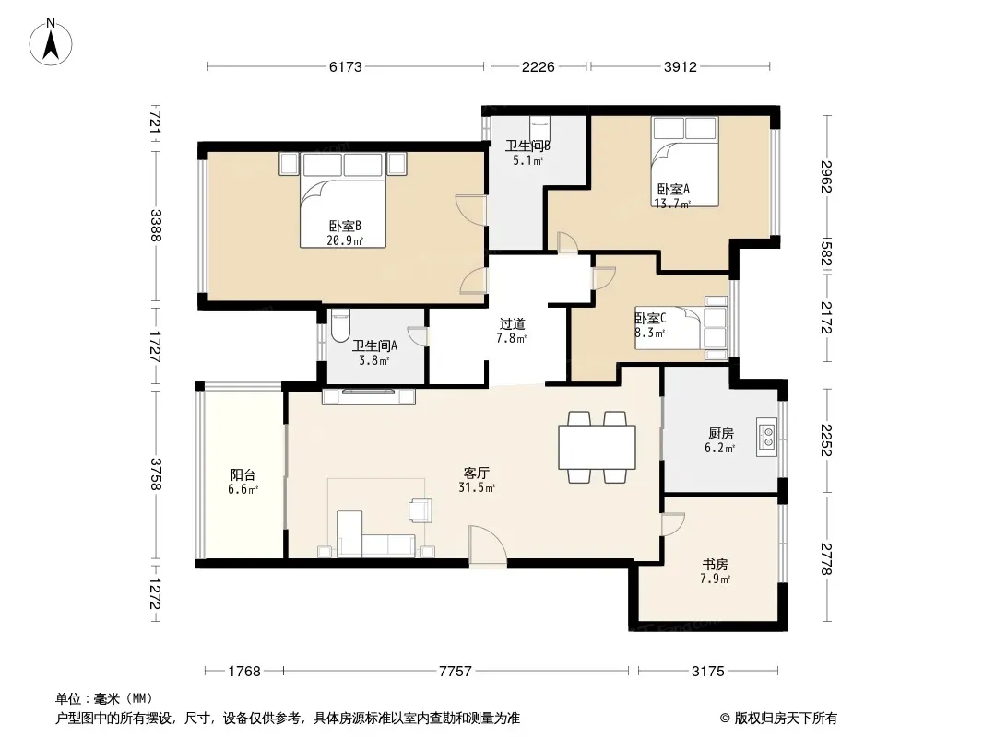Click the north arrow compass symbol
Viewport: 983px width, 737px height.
click(x=51, y=42)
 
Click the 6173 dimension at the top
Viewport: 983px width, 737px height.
click(x=346, y=66)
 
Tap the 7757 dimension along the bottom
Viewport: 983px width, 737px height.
click(x=456, y=672)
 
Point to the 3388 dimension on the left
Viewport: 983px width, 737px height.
click(x=156, y=226)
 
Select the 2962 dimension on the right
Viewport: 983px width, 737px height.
click(x=827, y=178)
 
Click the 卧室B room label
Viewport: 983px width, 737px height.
click(x=345, y=226)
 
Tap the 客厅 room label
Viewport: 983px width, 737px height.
click(x=477, y=473)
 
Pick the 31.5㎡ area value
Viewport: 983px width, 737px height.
click(x=477, y=487)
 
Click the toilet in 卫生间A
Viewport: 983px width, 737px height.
click(x=340, y=325)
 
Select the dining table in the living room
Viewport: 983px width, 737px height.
click(x=597, y=447)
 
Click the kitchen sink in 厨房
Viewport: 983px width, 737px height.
click(x=766, y=437)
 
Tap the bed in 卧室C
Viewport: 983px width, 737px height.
click(x=681, y=328)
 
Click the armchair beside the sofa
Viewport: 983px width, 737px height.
click(x=420, y=509)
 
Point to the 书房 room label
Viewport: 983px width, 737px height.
click(x=715, y=564)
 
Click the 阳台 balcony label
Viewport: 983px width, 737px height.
click(x=243, y=475)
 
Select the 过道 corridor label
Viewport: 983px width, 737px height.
click(x=512, y=323)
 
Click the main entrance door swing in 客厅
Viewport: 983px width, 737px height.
click(x=488, y=546)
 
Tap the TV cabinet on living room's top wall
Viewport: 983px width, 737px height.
click(x=369, y=396)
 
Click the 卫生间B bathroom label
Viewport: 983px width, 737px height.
click(x=527, y=146)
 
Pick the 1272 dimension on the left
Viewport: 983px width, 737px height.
click(x=156, y=593)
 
